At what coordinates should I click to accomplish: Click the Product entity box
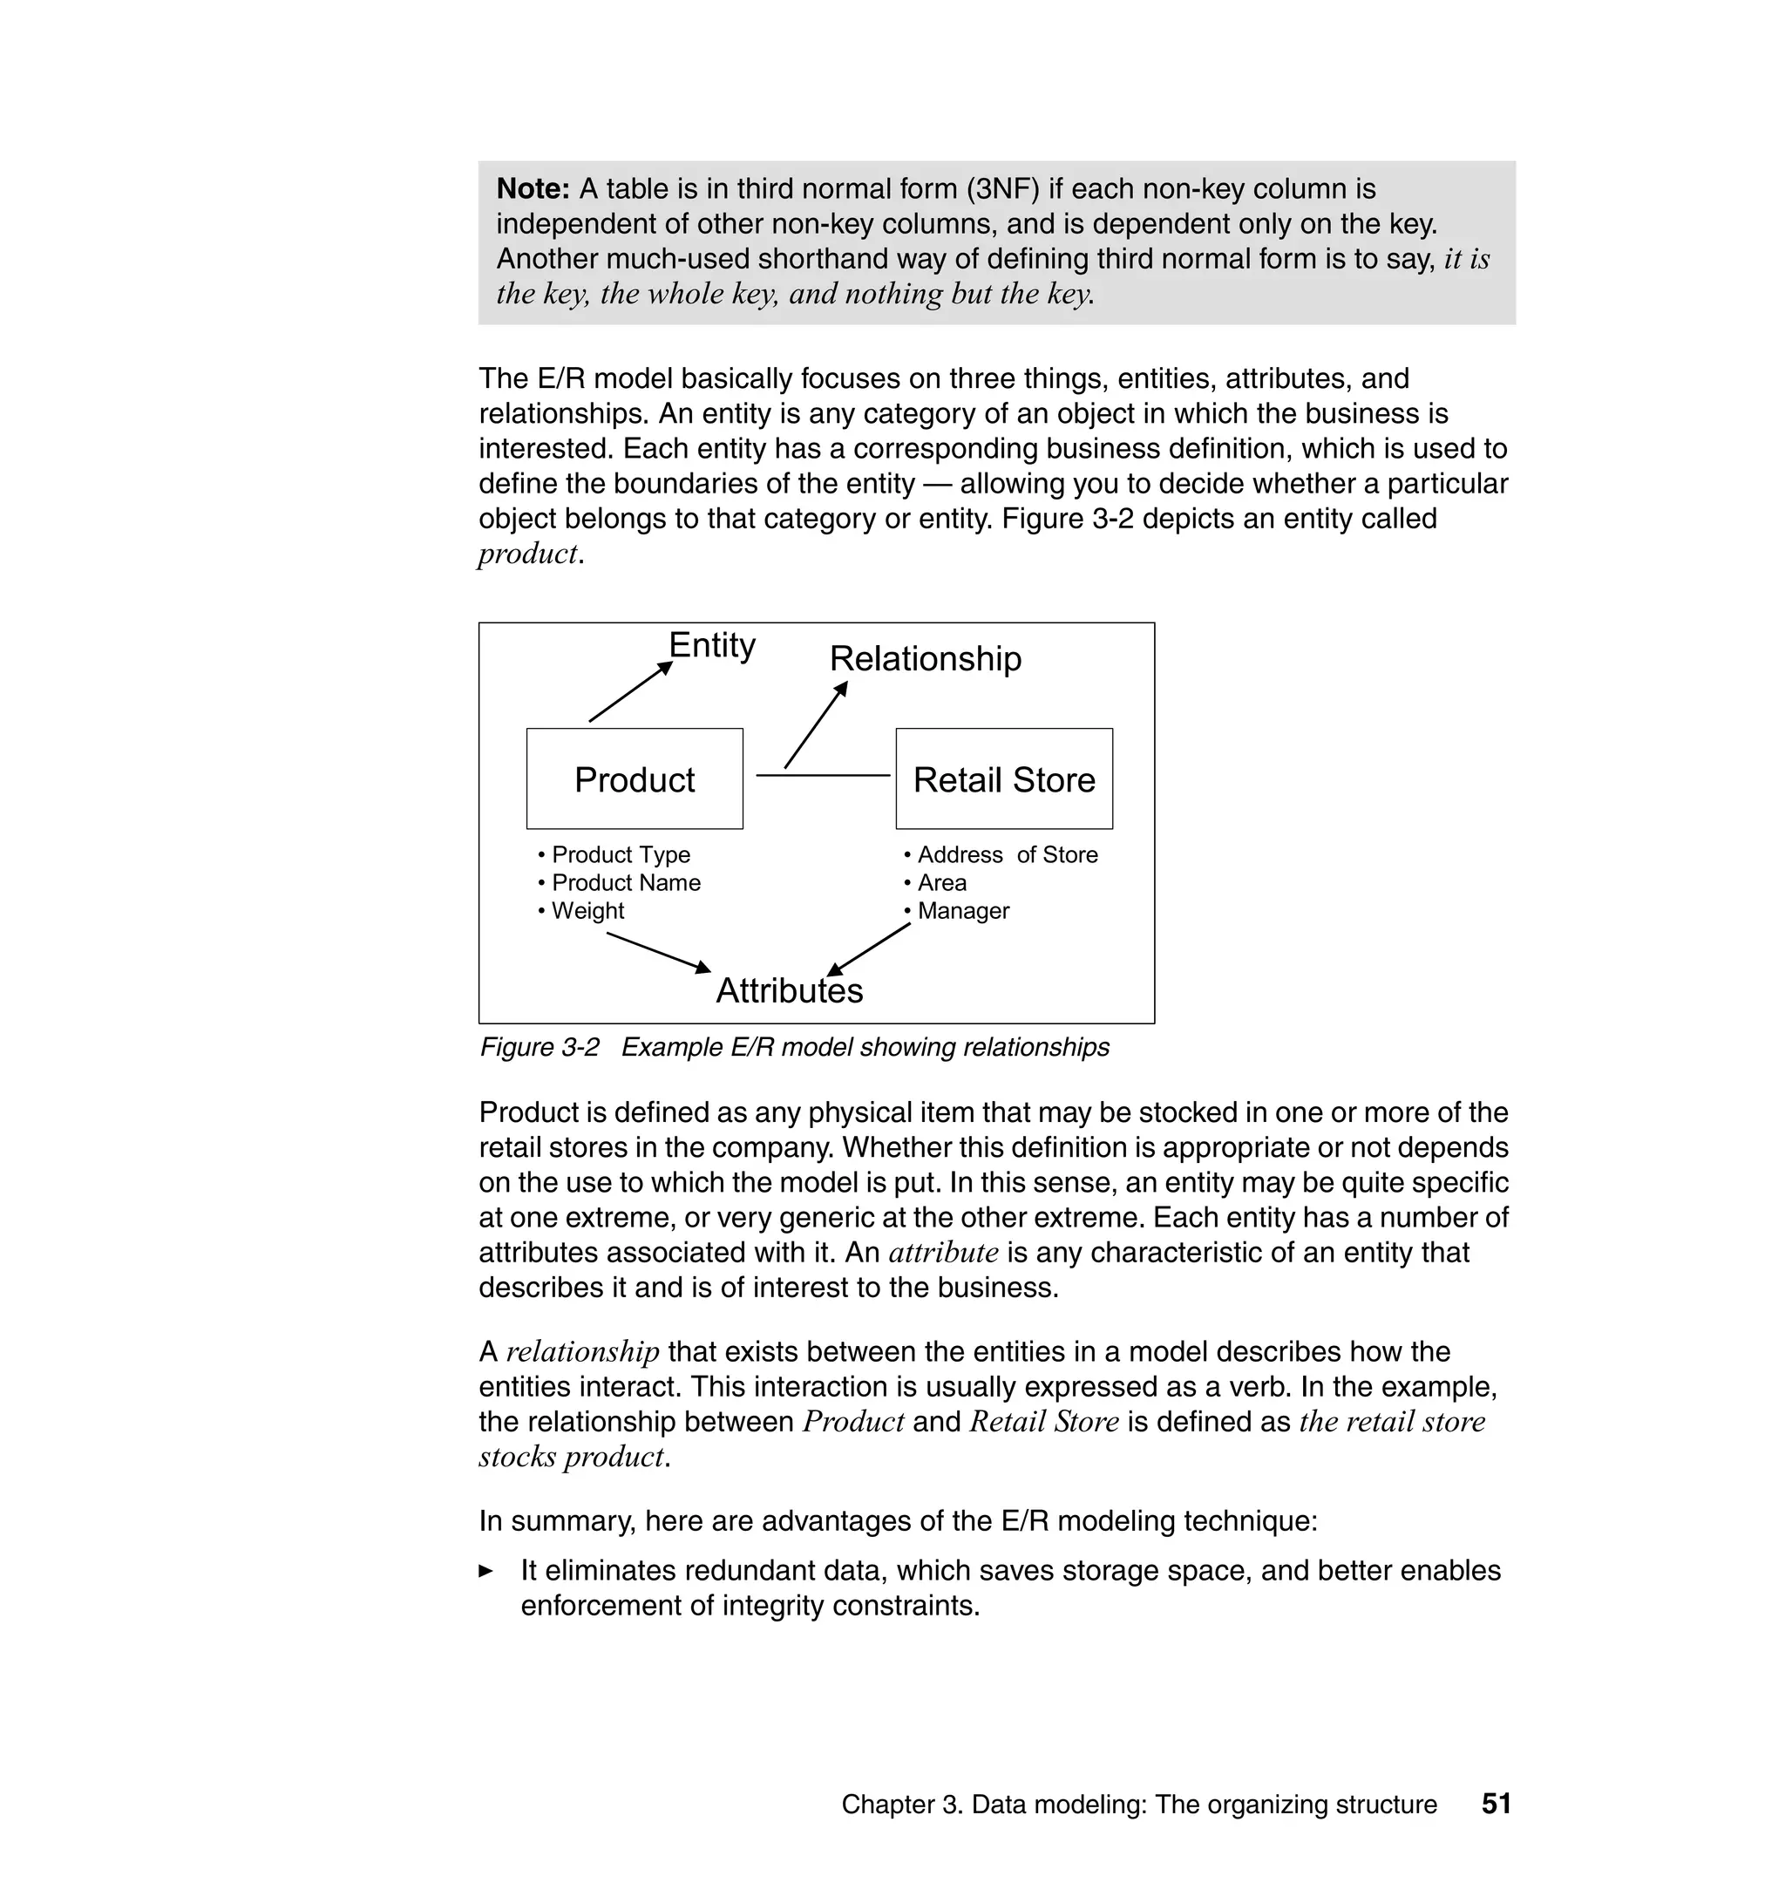[635, 778]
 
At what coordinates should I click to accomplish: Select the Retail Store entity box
[1004, 778]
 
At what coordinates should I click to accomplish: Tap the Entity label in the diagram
[712, 645]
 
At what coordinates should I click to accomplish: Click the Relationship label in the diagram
[925, 658]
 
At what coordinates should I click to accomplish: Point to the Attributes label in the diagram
[789, 990]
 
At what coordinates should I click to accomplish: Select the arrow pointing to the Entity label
[630, 692]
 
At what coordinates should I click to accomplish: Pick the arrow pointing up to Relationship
[816, 725]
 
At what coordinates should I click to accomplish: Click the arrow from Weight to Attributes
[658, 952]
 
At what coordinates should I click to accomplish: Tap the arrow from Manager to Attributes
[869, 948]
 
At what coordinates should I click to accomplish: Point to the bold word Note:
[533, 188]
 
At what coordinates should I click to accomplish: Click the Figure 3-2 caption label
[540, 1047]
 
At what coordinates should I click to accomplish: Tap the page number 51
[1496, 1804]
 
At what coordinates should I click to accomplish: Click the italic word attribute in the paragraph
[943, 1253]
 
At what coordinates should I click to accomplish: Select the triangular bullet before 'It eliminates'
[486, 1571]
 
